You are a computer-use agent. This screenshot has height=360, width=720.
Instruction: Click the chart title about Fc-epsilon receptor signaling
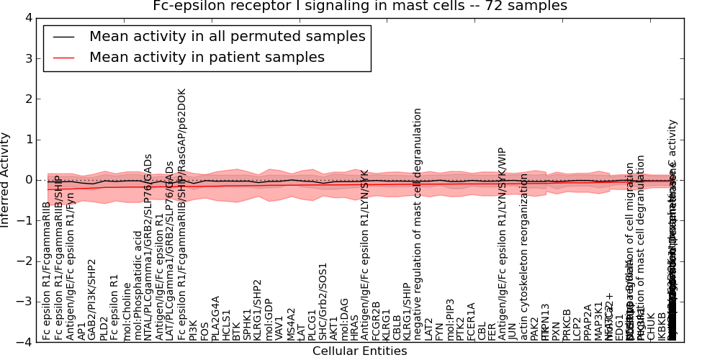coord(360,6)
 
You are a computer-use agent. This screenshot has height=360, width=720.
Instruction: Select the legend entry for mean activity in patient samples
coord(207,58)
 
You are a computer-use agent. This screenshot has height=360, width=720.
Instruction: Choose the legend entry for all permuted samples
coord(227,36)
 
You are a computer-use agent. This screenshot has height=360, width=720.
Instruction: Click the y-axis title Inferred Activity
coord(6,179)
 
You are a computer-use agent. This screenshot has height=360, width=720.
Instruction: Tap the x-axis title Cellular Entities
coord(359,351)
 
